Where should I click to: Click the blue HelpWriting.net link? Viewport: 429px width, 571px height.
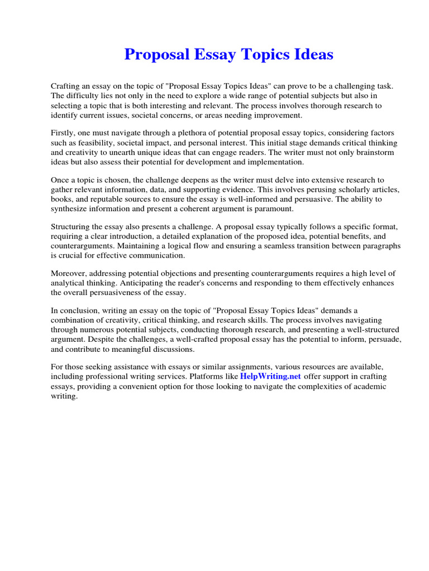[270, 376]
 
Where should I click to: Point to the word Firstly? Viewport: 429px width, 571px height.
[63, 133]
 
